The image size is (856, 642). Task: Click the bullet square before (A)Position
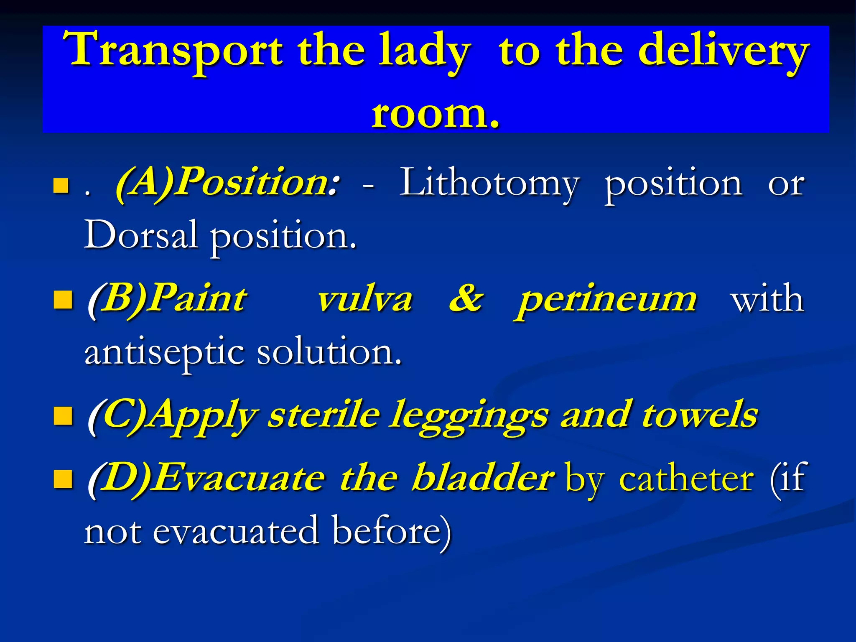point(61,186)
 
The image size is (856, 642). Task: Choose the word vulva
point(364,299)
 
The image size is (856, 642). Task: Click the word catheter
point(686,478)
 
